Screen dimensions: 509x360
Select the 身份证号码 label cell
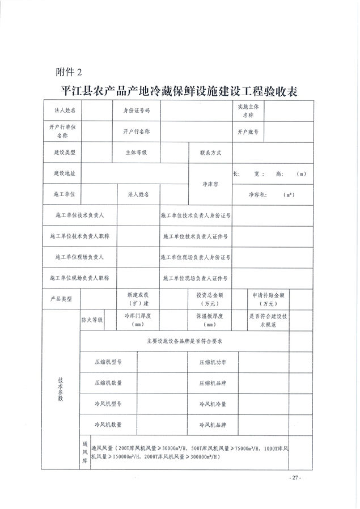click(136, 111)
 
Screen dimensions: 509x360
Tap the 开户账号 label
click(248, 132)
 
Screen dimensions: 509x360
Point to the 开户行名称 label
click(136, 132)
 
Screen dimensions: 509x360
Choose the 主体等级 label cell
click(136, 152)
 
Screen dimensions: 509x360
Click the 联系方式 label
click(210, 152)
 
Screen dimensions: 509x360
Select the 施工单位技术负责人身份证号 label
click(196, 216)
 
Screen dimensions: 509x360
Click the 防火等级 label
click(92, 320)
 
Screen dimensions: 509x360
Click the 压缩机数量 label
click(108, 383)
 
